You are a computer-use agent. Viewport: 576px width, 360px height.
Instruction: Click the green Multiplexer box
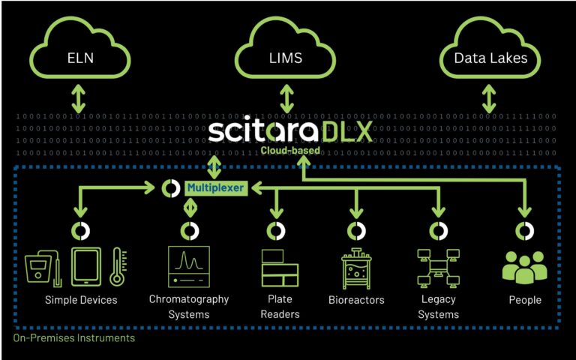(216, 188)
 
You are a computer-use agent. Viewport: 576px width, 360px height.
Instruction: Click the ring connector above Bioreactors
(356, 229)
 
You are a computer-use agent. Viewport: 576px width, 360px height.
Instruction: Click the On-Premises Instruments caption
(74, 338)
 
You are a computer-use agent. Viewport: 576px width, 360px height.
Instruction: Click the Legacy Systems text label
(438, 307)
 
